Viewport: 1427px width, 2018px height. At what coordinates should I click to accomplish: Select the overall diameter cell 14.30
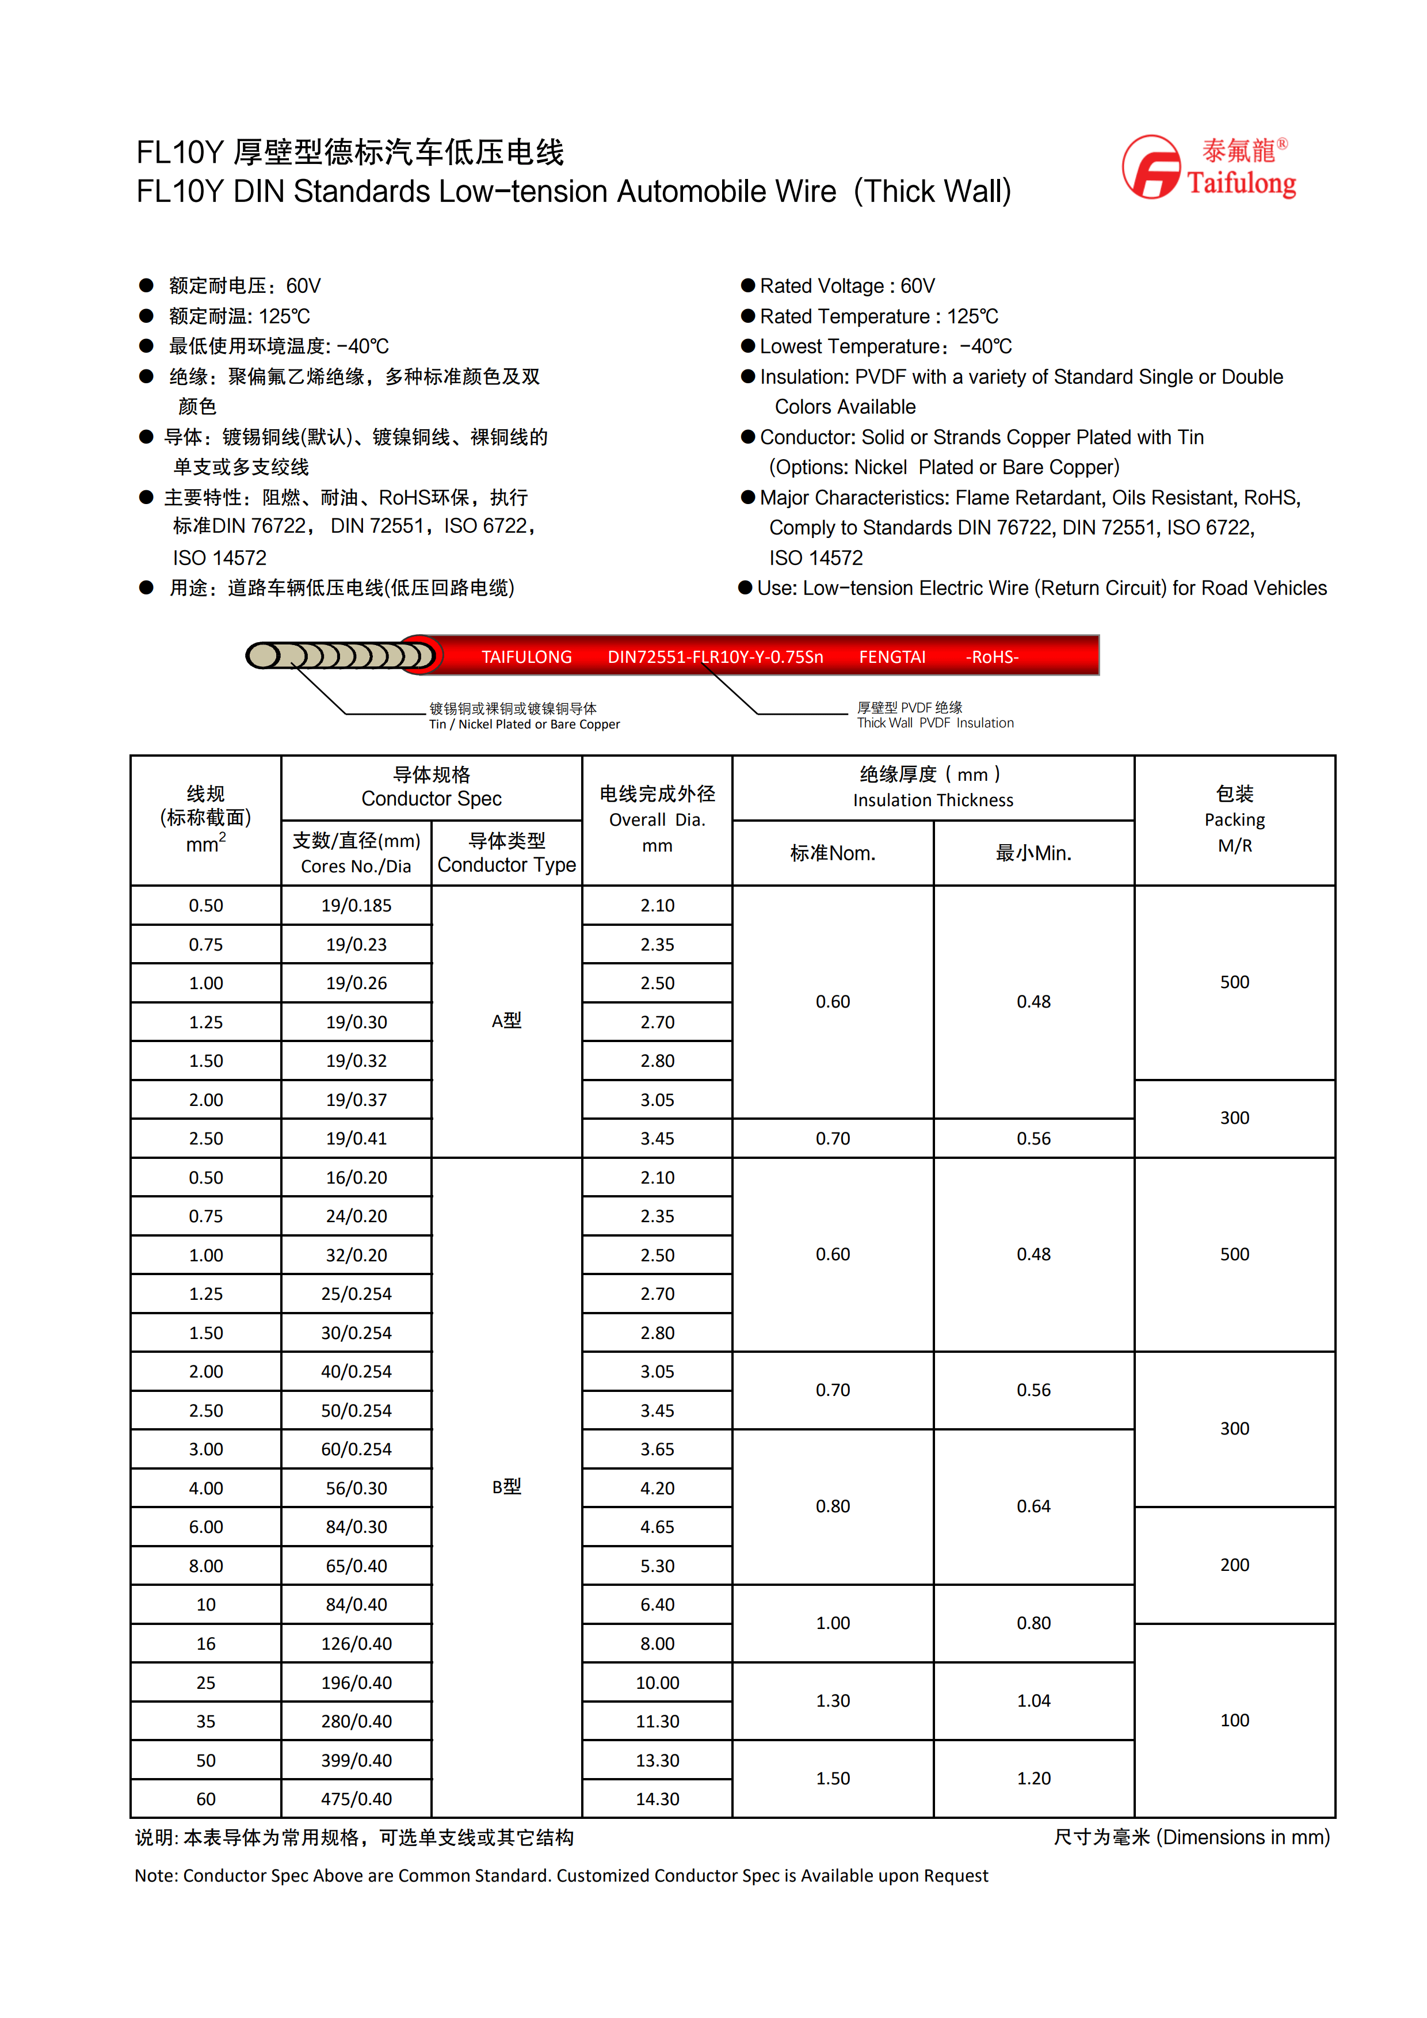[657, 1799]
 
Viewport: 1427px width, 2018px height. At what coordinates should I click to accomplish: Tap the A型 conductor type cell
[506, 1020]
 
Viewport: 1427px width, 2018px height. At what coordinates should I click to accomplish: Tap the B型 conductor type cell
[506, 1486]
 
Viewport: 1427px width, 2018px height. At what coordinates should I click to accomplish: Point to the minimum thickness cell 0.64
[1033, 1506]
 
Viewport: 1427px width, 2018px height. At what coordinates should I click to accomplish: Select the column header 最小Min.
[1033, 853]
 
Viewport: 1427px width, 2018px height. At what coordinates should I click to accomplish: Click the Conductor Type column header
[506, 853]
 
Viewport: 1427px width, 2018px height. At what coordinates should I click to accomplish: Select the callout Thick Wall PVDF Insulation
[935, 715]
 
